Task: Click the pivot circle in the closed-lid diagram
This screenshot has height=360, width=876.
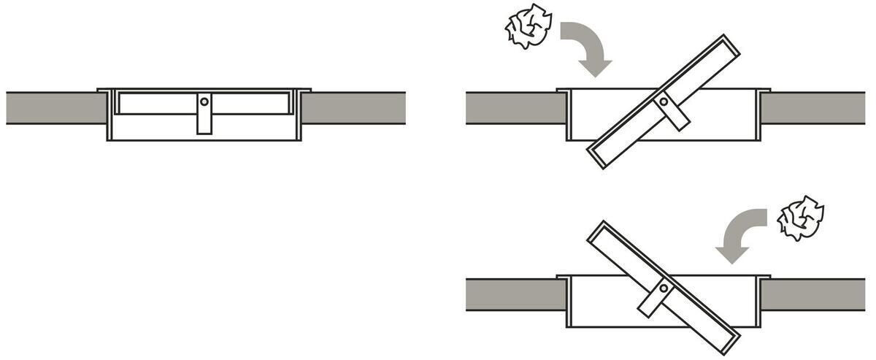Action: click(204, 102)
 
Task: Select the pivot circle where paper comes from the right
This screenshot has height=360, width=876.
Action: click(663, 288)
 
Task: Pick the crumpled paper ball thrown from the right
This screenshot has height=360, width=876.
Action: click(801, 217)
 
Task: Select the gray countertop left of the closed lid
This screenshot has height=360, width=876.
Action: click(55, 108)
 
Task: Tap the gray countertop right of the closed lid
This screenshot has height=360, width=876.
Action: click(353, 108)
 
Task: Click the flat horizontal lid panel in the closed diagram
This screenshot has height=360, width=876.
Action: click(157, 103)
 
